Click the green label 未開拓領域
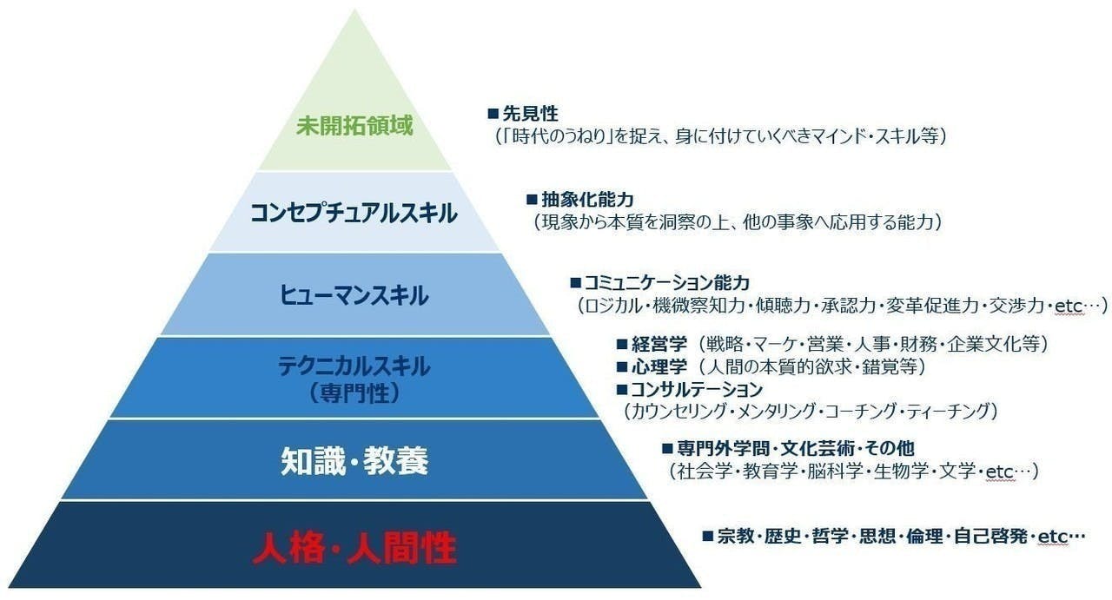click(x=354, y=125)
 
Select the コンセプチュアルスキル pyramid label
click(x=354, y=213)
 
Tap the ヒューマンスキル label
click(x=354, y=294)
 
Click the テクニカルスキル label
click(x=354, y=366)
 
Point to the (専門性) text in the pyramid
click(x=354, y=393)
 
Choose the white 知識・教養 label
click(x=354, y=461)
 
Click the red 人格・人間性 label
click(x=354, y=548)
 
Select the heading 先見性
click(x=530, y=114)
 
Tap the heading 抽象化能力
click(x=587, y=200)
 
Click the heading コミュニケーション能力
click(x=666, y=283)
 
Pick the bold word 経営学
click(x=659, y=344)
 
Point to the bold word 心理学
click(x=659, y=366)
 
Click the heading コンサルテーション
click(x=697, y=390)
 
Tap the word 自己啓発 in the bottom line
click(x=990, y=537)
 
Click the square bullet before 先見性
click(x=493, y=114)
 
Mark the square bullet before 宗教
click(x=708, y=537)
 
